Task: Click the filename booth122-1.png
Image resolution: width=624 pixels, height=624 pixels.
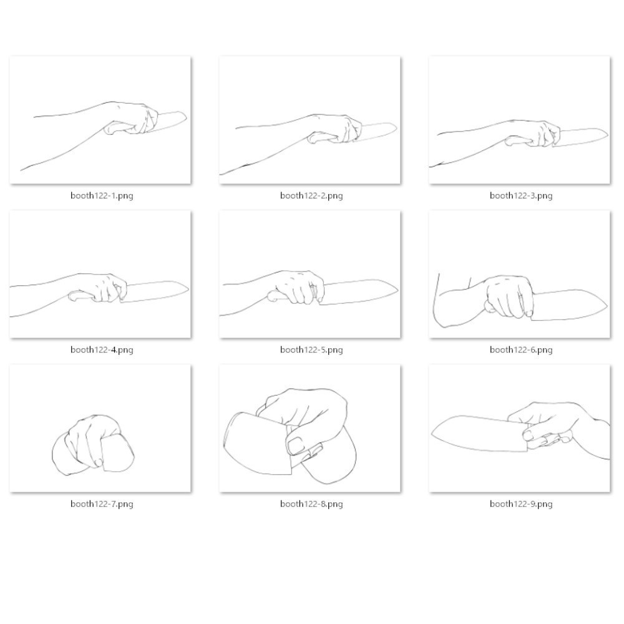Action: [x=102, y=195]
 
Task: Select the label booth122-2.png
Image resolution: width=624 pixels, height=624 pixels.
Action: [x=311, y=195]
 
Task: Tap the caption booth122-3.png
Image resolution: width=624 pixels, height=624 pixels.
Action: [x=521, y=195]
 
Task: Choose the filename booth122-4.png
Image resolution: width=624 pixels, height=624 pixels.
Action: [x=102, y=350]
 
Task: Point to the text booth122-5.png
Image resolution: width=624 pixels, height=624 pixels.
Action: [x=311, y=350]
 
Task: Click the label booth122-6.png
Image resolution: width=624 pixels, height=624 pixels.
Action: [x=521, y=350]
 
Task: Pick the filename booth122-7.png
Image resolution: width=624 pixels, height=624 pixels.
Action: [x=102, y=504]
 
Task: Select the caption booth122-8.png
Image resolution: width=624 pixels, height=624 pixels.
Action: [x=311, y=504]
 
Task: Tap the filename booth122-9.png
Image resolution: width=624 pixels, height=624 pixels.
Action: [x=521, y=504]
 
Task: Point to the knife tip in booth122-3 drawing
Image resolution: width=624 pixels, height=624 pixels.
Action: [x=608, y=135]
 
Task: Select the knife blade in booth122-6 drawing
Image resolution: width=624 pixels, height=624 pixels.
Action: [x=568, y=306]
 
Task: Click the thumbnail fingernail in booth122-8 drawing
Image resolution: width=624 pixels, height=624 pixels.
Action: [x=295, y=446]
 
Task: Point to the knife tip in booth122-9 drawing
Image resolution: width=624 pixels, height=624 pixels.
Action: [x=432, y=434]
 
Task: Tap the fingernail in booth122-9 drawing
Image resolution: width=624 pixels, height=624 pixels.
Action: [x=527, y=436]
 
